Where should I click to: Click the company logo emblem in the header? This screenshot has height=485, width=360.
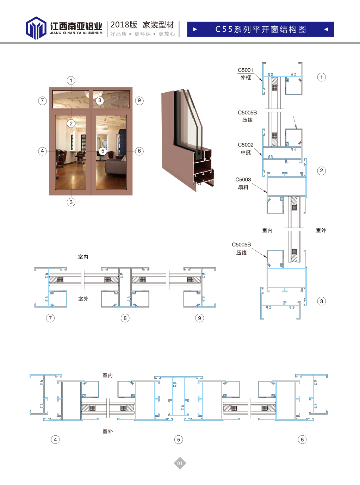(36, 28)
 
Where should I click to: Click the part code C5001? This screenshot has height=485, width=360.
(246, 70)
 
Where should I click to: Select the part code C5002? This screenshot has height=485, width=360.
(246, 145)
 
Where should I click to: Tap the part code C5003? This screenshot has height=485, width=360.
(243, 180)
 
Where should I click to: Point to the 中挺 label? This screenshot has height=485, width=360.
(246, 152)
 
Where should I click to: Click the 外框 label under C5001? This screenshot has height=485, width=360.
(246, 77)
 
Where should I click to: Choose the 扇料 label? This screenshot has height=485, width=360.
(243, 187)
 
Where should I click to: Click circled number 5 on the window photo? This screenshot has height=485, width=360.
(103, 151)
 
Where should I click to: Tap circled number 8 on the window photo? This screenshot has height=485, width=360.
(100, 100)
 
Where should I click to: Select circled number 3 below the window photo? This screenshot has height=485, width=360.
(71, 202)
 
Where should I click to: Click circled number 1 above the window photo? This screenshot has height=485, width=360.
(71, 80)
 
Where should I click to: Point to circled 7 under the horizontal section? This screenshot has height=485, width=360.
(50, 318)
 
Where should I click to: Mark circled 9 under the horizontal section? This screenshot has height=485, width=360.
(199, 318)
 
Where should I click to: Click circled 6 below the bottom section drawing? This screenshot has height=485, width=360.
(302, 440)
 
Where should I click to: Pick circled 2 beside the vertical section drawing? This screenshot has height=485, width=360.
(322, 170)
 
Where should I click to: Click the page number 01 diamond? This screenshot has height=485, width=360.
(180, 463)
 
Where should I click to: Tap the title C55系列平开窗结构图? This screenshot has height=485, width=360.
(260, 29)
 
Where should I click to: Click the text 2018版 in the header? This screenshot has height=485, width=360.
(124, 25)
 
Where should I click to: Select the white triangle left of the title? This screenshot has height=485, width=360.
(195, 29)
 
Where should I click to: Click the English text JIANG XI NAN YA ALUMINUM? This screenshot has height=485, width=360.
(76, 33)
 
